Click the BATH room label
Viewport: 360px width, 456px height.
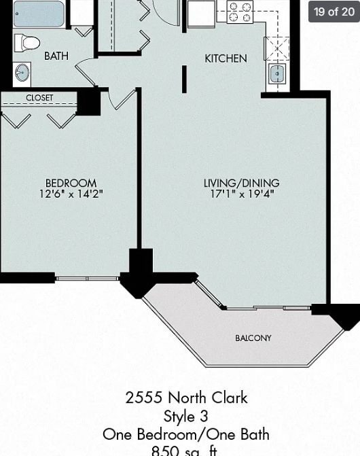[56, 56]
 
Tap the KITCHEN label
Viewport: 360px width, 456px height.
[226, 58]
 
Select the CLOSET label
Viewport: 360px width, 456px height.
[39, 98]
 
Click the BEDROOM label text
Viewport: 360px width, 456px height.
[71, 183]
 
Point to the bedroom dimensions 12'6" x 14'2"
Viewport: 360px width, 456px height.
[71, 194]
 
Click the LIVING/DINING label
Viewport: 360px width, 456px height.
[241, 183]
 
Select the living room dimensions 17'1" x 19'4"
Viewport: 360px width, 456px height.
[241, 194]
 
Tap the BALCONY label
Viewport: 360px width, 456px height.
[253, 338]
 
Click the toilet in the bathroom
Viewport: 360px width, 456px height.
[27, 43]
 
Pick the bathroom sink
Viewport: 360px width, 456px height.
[22, 73]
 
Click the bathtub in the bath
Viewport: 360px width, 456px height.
[39, 13]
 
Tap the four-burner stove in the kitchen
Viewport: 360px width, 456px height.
[239, 12]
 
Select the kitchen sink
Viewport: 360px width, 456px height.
[276, 74]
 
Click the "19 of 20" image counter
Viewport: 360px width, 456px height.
[334, 12]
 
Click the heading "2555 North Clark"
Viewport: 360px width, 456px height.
[186, 398]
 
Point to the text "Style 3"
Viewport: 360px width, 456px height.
[185, 416]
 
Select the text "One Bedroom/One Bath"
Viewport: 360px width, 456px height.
[185, 434]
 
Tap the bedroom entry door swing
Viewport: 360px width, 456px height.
[122, 99]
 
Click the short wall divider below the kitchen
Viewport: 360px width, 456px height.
[184, 79]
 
